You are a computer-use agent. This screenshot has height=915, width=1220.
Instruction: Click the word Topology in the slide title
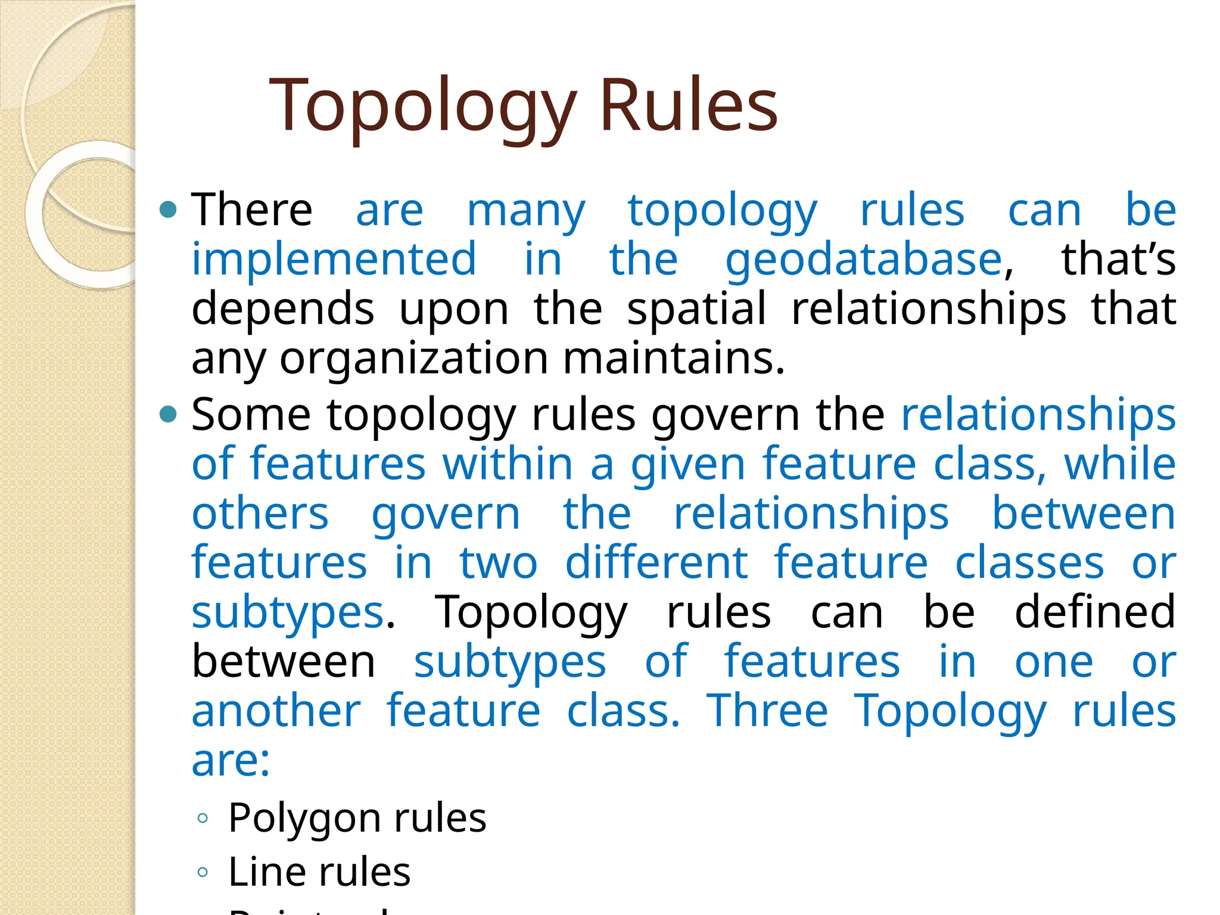pos(423,106)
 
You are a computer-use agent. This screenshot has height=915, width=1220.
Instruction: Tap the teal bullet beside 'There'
pos(169,210)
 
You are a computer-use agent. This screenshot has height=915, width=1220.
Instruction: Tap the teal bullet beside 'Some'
pos(169,414)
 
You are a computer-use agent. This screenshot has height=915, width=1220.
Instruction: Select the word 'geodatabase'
pos(864,260)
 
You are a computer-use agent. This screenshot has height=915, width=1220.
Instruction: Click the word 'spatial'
pos(696,309)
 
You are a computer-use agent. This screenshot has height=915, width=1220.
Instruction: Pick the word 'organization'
pos(413,359)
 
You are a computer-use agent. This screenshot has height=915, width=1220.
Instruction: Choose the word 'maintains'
pos(673,359)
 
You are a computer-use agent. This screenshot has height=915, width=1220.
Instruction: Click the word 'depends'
pos(283,309)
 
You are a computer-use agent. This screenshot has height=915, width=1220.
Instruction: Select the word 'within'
pos(508,464)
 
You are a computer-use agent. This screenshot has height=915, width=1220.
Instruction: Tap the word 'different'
pos(656,562)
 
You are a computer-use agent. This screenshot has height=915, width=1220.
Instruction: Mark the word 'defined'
pos(1095,612)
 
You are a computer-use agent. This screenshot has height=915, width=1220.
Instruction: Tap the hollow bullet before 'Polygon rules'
pos(203,818)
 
